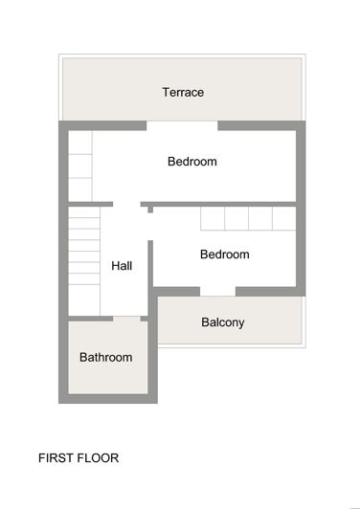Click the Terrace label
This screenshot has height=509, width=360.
coord(183,92)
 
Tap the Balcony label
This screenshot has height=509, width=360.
coord(222,322)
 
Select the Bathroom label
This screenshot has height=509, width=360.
coord(105,357)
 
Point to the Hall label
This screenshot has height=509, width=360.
coord(122,266)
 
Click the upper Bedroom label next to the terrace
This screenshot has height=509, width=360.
coord(191,162)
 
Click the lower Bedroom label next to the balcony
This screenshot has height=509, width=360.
coord(224,254)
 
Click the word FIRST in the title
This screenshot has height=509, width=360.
coord(56,458)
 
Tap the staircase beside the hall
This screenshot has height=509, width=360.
coord(84,258)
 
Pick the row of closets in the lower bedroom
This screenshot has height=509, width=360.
coord(248,218)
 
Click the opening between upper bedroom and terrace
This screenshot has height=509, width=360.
coord(182,124)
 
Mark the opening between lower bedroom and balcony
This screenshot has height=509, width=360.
coord(217,291)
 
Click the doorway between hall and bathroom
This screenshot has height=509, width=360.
coord(126,318)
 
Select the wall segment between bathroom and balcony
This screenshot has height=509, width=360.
coord(154,354)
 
